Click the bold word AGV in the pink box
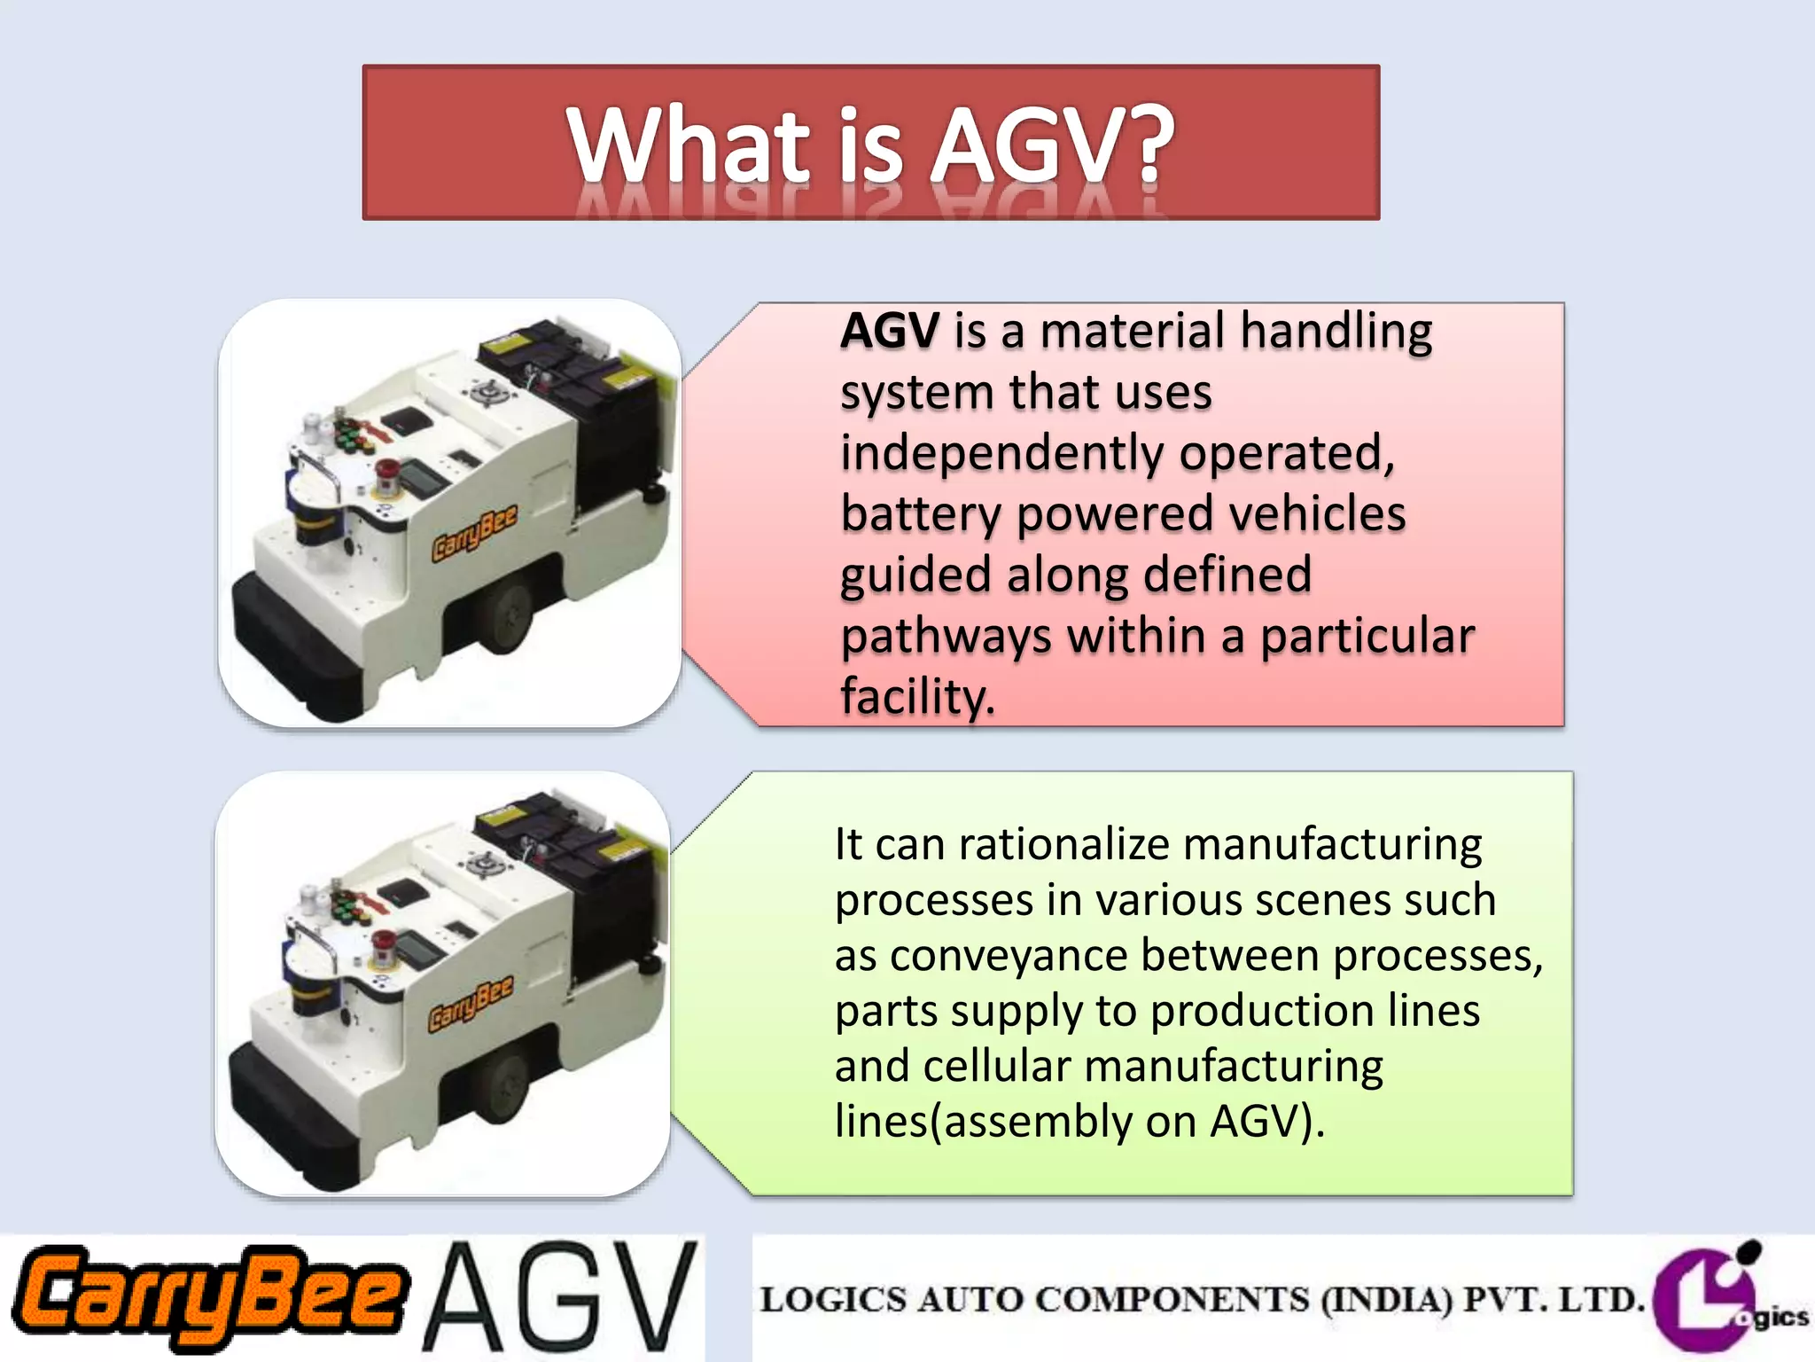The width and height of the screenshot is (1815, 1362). pyautogui.click(x=889, y=332)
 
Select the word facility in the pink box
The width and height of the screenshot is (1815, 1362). pyautogui.click(x=917, y=698)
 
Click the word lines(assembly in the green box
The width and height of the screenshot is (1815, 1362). pyautogui.click(x=983, y=1122)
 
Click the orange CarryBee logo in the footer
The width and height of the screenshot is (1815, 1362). pyautogui.click(x=211, y=1297)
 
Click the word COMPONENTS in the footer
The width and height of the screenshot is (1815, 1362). pyautogui.click(x=1172, y=1300)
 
